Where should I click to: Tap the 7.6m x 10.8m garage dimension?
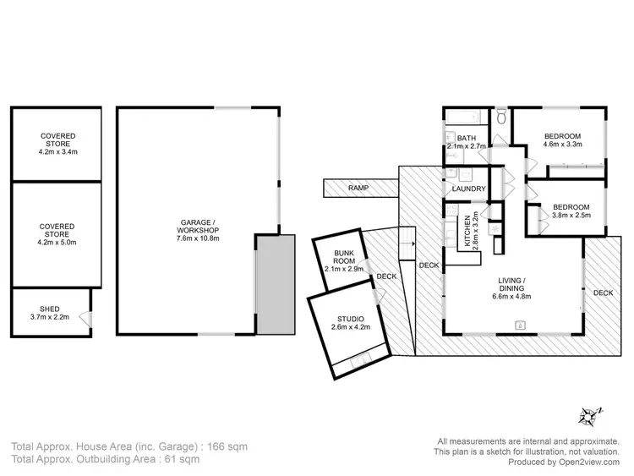click(199, 238)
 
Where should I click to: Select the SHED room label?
click(39, 309)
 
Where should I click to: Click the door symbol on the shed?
click(85, 319)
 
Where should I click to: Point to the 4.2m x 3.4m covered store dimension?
click(57, 152)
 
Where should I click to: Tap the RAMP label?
click(358, 188)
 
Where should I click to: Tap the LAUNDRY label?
click(468, 189)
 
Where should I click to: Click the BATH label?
click(467, 139)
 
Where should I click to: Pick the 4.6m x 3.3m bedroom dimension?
click(561, 148)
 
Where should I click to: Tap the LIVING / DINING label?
click(512, 286)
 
